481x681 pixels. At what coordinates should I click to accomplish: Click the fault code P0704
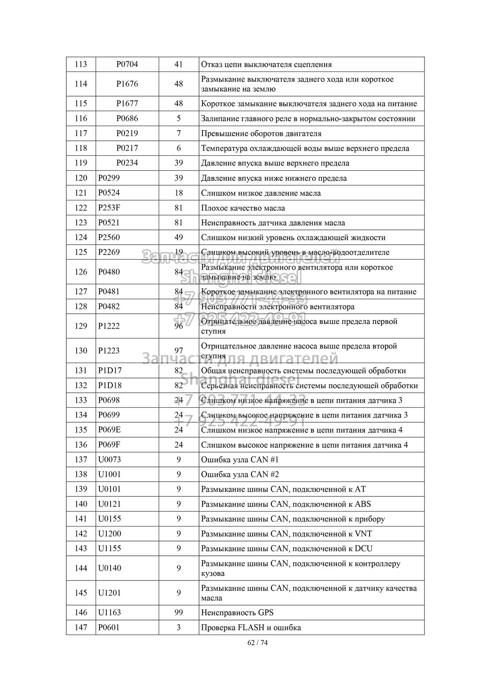point(127,64)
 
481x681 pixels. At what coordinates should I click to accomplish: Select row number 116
point(81,118)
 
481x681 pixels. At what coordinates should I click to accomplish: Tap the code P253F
point(109,208)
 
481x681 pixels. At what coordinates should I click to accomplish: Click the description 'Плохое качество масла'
point(243,208)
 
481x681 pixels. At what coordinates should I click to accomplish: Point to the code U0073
point(109,460)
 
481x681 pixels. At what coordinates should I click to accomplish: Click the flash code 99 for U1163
point(179,612)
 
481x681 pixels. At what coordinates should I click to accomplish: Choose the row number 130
point(81,351)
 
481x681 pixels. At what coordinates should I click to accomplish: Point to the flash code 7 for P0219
point(179,133)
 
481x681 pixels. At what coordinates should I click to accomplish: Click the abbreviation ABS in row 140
point(363,504)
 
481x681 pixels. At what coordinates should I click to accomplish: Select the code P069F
point(109,445)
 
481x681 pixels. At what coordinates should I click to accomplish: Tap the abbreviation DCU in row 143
point(363,549)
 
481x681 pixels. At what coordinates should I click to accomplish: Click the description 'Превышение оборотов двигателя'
point(261,134)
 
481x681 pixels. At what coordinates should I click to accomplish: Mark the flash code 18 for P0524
point(179,193)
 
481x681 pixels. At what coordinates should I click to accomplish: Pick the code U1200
point(109,534)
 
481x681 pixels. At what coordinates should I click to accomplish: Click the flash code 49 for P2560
point(179,237)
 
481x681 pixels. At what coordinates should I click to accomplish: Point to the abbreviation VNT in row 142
point(363,534)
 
